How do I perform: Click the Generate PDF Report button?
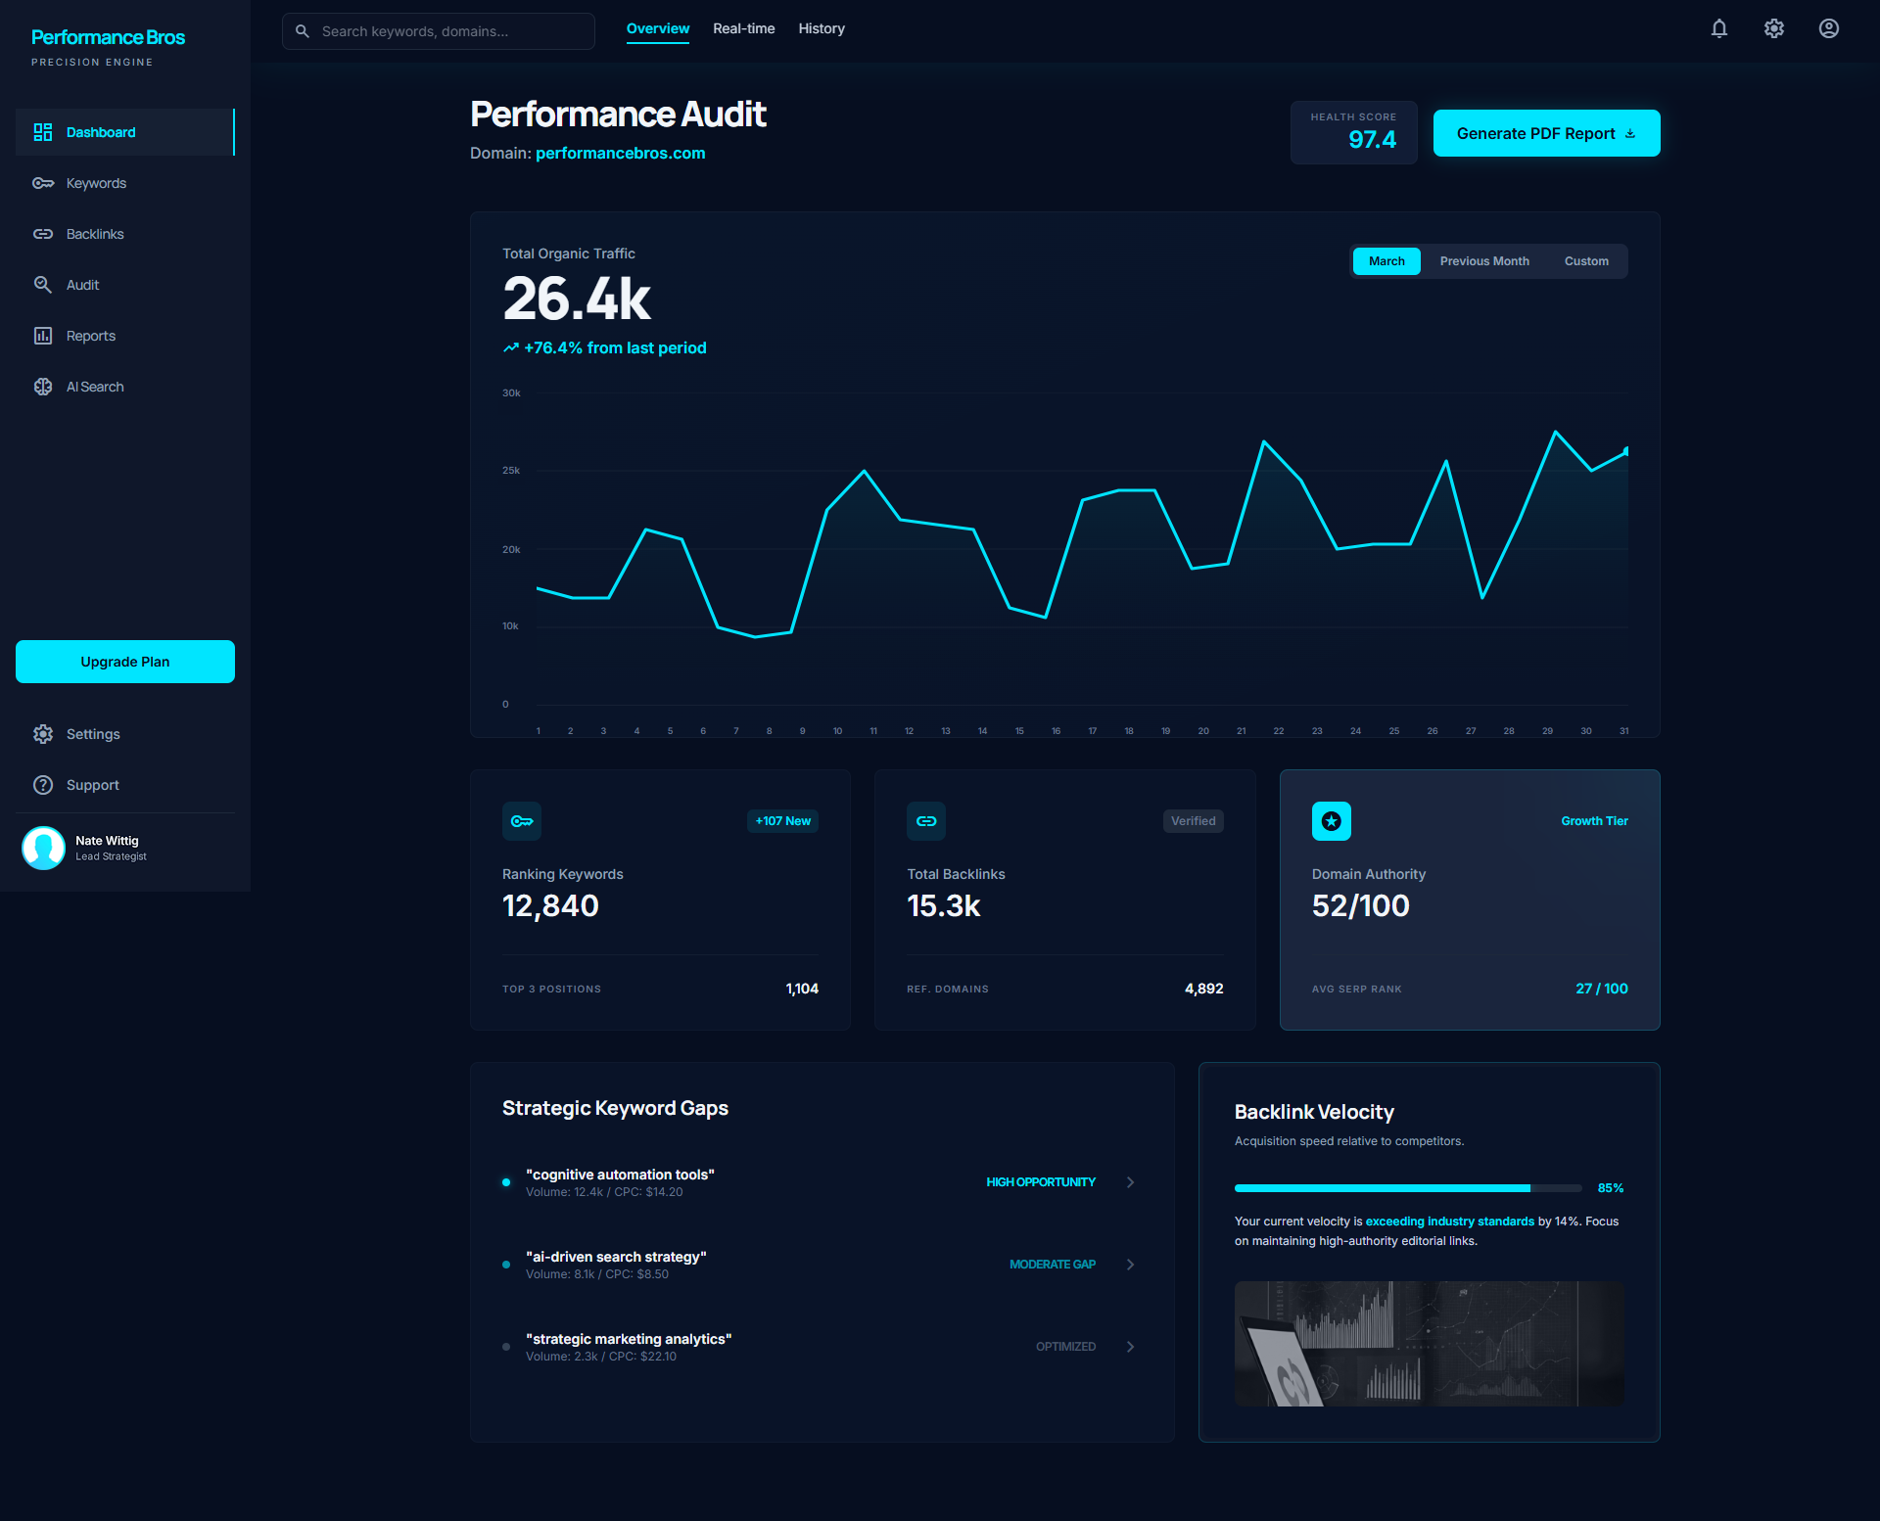pos(1545,133)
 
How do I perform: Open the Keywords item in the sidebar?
pos(96,183)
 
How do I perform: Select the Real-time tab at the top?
pos(743,28)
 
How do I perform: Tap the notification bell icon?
pos(1718,28)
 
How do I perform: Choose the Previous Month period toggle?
pos(1483,261)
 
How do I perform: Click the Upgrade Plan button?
pos(125,662)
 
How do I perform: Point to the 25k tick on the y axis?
pos(511,471)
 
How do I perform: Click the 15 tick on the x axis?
pos(1019,731)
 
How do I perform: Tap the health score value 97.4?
pos(1372,139)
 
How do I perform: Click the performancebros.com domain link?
pos(620,153)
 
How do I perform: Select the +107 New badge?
pos(782,821)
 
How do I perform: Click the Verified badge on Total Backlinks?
pos(1193,821)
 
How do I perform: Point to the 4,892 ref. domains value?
pos(1203,989)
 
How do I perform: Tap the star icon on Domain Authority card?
pos(1331,821)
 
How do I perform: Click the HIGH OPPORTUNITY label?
pos(1040,1182)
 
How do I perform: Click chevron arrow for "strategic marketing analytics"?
pos(1130,1347)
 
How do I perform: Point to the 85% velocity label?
pos(1610,1188)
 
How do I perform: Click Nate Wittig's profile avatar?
pos(43,848)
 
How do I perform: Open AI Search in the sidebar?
pos(94,387)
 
